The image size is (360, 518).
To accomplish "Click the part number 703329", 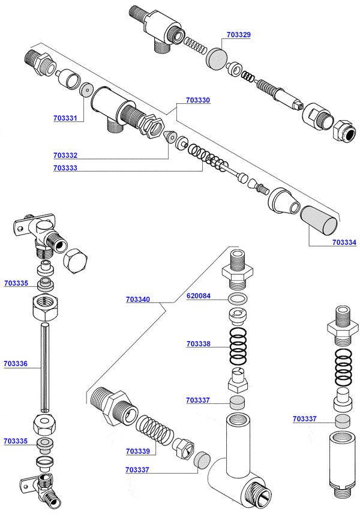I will click(x=239, y=35).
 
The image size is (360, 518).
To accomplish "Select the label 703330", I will click(x=198, y=100).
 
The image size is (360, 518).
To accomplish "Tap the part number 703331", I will click(x=65, y=119).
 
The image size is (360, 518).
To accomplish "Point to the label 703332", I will click(x=65, y=155).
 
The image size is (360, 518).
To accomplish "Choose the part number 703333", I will click(x=65, y=168).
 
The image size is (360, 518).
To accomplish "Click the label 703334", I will click(x=344, y=242).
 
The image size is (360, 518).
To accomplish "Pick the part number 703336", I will click(x=16, y=363).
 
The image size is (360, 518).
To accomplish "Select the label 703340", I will click(x=138, y=299).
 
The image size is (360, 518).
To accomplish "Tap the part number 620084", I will click(x=198, y=296).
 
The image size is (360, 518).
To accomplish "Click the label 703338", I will click(x=198, y=344).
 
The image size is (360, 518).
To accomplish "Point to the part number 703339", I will click(x=138, y=451).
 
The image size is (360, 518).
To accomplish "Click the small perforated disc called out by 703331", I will click(x=86, y=90).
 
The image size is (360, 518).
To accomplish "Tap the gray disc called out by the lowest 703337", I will click(x=202, y=460).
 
